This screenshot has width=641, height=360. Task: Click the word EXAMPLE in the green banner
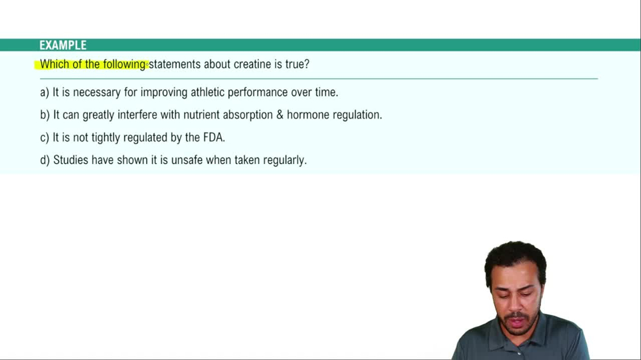(x=63, y=45)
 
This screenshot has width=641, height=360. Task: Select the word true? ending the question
(x=297, y=65)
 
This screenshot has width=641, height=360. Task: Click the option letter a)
(x=44, y=92)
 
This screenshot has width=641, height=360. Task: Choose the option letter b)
(x=44, y=115)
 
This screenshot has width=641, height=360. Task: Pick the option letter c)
(x=44, y=138)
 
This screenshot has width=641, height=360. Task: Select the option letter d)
(x=44, y=160)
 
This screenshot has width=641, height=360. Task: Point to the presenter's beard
(x=517, y=324)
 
